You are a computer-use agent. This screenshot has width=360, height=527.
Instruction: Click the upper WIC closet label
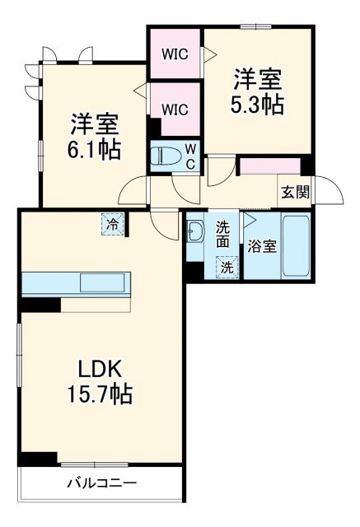pyautogui.click(x=174, y=56)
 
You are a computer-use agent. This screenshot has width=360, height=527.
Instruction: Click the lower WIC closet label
pyautogui.click(x=174, y=108)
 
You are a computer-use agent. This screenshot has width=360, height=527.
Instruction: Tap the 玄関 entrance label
pyautogui.click(x=295, y=193)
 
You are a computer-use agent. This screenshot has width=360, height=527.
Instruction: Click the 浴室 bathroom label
pyautogui.click(x=263, y=246)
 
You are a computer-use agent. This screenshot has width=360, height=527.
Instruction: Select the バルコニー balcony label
pyautogui.click(x=102, y=483)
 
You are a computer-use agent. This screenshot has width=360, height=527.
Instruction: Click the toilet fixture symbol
pyautogui.click(x=164, y=154)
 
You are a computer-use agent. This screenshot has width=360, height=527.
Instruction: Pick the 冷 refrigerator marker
pyautogui.click(x=110, y=222)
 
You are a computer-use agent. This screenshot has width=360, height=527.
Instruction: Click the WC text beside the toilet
pyautogui.click(x=189, y=155)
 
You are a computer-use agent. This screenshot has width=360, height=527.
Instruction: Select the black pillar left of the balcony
pyautogui.click(x=37, y=458)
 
